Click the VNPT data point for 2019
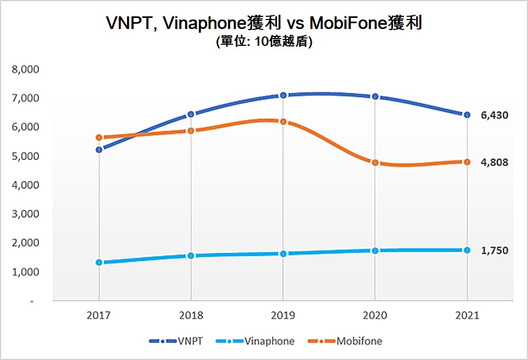click(283, 95)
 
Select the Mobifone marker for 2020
click(375, 162)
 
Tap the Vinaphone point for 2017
click(99, 262)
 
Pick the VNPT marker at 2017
click(99, 150)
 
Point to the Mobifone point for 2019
click(283, 122)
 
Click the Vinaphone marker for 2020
click(375, 250)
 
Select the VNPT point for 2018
click(191, 114)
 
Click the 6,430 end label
click(494, 115)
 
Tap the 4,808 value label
click(494, 162)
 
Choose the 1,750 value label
click(494, 250)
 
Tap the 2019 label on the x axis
click(283, 316)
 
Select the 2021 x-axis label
click(467, 316)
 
